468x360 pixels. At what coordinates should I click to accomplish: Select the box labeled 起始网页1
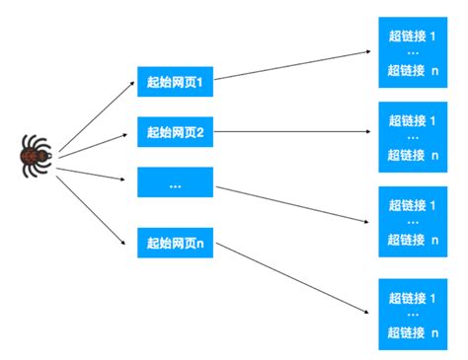tap(175, 82)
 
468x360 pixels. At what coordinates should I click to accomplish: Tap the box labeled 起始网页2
tap(175, 132)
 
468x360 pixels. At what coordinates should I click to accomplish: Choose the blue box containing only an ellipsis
tap(175, 183)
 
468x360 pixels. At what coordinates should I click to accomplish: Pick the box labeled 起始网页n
tap(175, 243)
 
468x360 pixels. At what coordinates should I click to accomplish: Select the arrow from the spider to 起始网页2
tap(96, 141)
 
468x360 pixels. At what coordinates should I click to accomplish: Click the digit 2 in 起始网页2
tap(198, 132)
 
